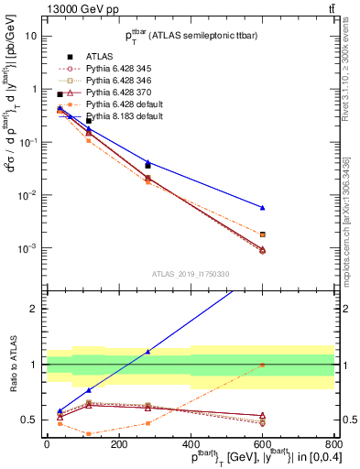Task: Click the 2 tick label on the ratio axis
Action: pyautogui.click(x=35, y=309)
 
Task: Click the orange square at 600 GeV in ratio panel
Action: pyautogui.click(x=262, y=365)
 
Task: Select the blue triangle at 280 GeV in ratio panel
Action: pyautogui.click(x=147, y=351)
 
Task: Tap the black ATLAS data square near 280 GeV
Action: pyautogui.click(x=147, y=165)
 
